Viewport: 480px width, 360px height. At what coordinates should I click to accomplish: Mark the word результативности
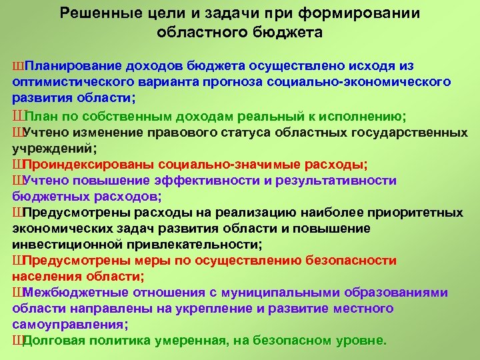point(337,181)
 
